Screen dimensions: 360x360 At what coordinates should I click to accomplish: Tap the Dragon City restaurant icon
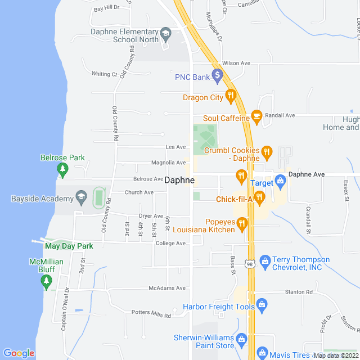[x=230, y=97]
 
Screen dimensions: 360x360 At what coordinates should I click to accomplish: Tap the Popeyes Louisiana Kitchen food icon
[x=242, y=225]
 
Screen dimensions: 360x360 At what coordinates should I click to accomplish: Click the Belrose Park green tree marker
[x=62, y=169]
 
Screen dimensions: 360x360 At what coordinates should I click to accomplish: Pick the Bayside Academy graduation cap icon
[x=82, y=198]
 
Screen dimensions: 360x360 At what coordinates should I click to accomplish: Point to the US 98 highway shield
[x=250, y=263]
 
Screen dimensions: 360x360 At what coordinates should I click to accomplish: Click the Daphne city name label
[x=180, y=181]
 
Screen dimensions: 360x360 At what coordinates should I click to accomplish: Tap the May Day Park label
[x=69, y=246]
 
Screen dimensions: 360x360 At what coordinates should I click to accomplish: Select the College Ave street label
[x=170, y=244]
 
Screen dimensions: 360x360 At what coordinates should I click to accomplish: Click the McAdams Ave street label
[x=166, y=288]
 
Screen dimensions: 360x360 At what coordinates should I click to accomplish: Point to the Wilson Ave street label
[x=236, y=64]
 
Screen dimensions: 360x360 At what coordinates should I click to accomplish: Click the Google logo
[x=19, y=353]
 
